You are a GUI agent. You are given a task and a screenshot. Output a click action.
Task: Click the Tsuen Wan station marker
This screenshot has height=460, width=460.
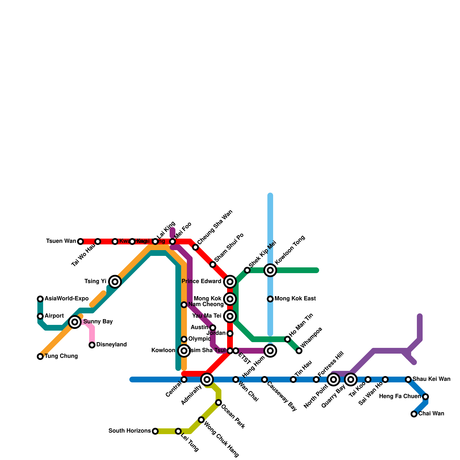coord(80,241)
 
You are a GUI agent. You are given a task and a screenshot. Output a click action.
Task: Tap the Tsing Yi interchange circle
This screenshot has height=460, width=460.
coord(115,282)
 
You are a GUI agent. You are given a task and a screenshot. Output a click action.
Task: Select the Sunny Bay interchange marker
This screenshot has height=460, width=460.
coord(75,322)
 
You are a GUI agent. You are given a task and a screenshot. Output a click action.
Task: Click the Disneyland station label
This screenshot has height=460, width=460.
coord(111,345)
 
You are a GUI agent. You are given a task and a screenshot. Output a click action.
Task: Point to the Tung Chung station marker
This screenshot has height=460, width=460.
coord(40,356)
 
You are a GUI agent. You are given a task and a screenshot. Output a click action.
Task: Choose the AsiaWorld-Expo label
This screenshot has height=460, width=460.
coord(66,299)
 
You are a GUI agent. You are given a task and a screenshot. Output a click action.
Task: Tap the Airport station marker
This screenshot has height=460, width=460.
coord(40,316)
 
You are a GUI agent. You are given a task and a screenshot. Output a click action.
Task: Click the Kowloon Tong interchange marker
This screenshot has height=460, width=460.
coord(270,270)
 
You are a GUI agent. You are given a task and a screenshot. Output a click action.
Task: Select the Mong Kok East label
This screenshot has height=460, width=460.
coord(295,299)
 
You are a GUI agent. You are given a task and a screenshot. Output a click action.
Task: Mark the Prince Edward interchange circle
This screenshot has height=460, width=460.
coord(230,282)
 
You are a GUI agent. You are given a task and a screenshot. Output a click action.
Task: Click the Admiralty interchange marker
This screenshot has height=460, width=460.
coord(207,379)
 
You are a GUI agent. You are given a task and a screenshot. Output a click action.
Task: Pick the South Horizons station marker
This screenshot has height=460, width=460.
coord(155,431)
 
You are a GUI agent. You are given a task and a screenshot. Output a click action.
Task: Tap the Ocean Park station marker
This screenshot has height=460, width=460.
coord(218,402)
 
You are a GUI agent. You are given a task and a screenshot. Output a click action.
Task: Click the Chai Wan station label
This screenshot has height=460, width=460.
coord(431,414)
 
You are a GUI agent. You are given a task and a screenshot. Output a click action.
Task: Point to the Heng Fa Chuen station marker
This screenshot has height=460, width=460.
coord(425,397)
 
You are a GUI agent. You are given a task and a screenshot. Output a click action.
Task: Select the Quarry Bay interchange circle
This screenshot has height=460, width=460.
coord(351,379)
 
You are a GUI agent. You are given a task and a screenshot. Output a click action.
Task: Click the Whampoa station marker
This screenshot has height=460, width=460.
coord(299,351)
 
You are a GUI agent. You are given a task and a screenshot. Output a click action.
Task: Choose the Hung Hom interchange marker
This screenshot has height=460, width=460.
coord(270,351)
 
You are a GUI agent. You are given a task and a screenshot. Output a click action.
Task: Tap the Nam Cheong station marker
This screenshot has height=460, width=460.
coord(184,305)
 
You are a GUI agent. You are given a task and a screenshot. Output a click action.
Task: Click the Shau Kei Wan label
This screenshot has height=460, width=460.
coord(431,379)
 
